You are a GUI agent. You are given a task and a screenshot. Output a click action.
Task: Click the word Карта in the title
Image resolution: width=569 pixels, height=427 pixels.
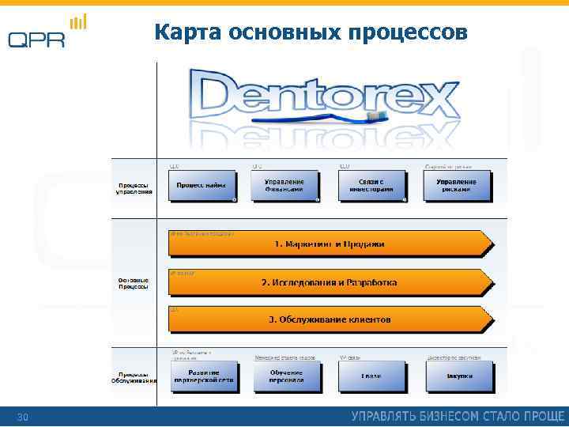(x=187, y=32)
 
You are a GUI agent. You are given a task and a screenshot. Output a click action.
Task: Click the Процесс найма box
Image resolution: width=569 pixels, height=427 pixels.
(x=202, y=186)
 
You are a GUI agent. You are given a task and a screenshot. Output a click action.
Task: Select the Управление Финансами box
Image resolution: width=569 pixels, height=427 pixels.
(x=284, y=186)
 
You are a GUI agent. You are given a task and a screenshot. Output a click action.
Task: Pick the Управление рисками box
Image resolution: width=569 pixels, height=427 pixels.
(x=457, y=186)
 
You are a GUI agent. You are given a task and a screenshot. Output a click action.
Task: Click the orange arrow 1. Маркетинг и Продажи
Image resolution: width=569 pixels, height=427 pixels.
(x=329, y=244)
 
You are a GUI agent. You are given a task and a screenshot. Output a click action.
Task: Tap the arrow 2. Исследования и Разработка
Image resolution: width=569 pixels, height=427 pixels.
(x=329, y=282)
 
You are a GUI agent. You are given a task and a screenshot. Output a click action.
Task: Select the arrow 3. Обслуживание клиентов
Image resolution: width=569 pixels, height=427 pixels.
(x=329, y=320)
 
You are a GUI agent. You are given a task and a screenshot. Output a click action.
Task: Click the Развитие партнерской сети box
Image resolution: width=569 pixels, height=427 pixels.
(x=203, y=376)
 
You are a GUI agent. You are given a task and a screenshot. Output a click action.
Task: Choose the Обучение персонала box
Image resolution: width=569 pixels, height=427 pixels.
(x=285, y=376)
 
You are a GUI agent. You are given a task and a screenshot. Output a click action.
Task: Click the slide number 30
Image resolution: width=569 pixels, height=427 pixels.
(x=22, y=417)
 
